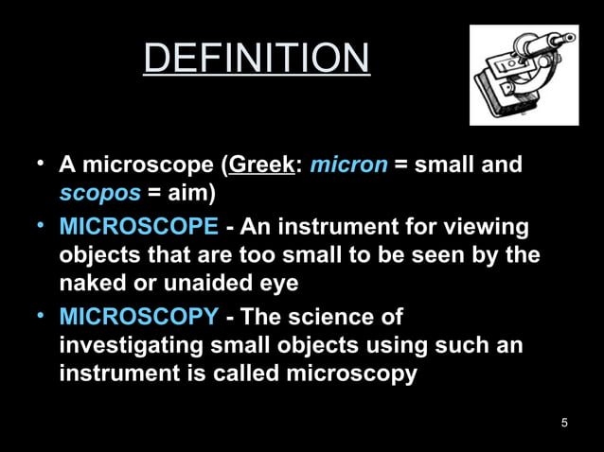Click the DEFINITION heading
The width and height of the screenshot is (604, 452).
click(257, 59)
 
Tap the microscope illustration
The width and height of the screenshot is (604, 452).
click(524, 76)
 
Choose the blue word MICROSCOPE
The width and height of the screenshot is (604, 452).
click(138, 228)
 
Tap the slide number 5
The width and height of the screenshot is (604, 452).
click(564, 423)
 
